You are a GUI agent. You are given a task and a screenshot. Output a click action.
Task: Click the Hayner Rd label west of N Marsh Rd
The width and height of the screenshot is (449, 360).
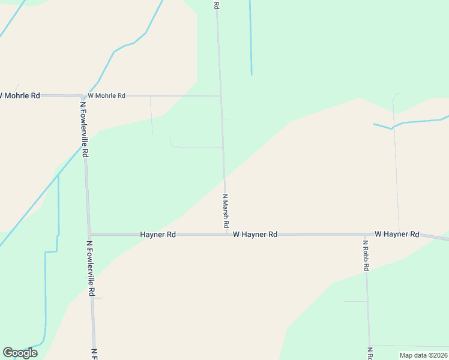[158, 235]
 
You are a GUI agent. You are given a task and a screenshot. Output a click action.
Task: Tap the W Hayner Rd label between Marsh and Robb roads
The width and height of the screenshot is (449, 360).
[255, 235]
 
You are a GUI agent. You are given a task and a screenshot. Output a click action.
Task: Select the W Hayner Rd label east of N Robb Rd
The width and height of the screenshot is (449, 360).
[397, 234]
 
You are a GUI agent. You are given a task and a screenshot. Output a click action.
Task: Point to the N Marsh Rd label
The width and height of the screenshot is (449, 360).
[226, 210]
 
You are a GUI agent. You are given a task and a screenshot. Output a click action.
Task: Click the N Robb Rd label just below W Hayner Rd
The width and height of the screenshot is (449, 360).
[366, 256]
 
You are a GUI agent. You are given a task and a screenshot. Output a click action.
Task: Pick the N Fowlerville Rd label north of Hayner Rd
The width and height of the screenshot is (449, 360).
[84, 129]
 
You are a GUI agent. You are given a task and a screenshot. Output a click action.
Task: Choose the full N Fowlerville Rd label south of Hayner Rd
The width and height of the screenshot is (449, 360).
[90, 268]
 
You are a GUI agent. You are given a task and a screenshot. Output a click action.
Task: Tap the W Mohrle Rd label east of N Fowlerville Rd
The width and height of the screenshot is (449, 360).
[106, 95]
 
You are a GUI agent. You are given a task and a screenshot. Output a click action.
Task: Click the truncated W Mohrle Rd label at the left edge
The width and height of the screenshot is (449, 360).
[20, 95]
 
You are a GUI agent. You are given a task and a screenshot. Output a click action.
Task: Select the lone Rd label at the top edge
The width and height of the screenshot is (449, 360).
[217, 5]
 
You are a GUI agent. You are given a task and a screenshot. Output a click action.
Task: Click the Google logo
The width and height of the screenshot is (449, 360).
[20, 352]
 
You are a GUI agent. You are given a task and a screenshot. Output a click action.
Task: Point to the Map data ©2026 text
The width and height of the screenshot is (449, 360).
[423, 355]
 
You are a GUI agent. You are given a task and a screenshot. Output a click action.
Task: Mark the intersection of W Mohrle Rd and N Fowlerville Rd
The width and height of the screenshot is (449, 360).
[83, 96]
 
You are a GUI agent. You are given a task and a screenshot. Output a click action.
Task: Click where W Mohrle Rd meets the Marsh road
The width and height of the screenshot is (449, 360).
[221, 96]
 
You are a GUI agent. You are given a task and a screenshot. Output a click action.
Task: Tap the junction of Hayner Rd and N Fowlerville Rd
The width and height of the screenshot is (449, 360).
[89, 234]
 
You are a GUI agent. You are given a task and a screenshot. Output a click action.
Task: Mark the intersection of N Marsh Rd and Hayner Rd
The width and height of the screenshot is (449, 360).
[226, 234]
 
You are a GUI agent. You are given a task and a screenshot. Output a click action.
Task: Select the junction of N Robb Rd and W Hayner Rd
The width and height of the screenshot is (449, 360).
[366, 234]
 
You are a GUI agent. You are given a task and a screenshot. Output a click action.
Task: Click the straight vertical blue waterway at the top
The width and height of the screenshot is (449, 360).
[250, 36]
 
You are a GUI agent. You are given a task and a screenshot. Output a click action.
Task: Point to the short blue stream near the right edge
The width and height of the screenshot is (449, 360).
[414, 122]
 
